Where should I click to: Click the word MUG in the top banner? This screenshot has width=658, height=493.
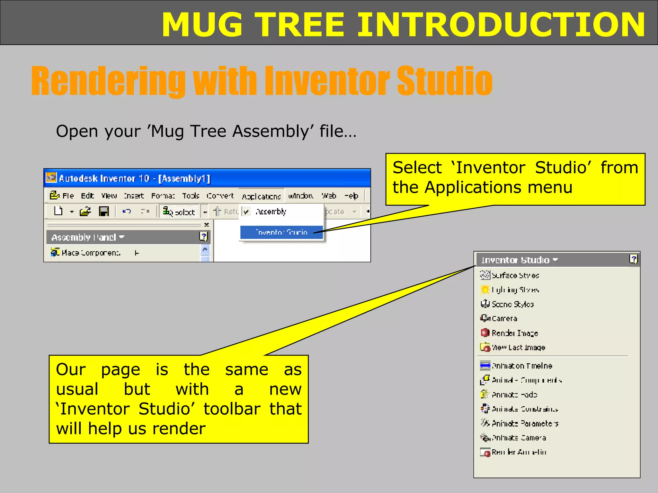pyautogui.click(x=202, y=25)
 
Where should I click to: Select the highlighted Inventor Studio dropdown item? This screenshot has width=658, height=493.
pyautogui.click(x=281, y=232)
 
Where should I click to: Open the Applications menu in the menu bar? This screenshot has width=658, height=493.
pyautogui.click(x=261, y=196)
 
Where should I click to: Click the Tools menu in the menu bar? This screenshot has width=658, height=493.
pyautogui.click(x=191, y=196)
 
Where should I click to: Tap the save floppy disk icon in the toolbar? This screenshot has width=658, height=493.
pyautogui.click(x=104, y=212)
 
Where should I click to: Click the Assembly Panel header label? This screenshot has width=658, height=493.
pyautogui.click(x=84, y=237)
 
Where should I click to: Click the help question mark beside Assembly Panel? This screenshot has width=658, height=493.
pyautogui.click(x=203, y=237)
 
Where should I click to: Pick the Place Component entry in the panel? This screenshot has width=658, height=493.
pyautogui.click(x=91, y=253)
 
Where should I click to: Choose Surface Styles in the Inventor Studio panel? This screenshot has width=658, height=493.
pyautogui.click(x=515, y=275)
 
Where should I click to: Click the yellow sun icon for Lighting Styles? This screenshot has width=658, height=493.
pyautogui.click(x=485, y=290)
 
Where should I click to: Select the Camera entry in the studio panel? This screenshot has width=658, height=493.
pyautogui.click(x=504, y=318)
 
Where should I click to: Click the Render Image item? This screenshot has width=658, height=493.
pyautogui.click(x=514, y=333)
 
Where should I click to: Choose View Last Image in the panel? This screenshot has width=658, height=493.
pyautogui.click(x=518, y=348)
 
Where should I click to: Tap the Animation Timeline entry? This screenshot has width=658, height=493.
pyautogui.click(x=522, y=366)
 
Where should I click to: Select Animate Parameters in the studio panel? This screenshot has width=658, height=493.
pyautogui.click(x=525, y=424)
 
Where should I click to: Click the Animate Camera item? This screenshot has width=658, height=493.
pyautogui.click(x=519, y=438)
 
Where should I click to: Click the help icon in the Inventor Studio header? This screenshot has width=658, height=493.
pyautogui.click(x=633, y=259)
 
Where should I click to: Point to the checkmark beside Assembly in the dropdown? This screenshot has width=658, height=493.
pyautogui.click(x=246, y=212)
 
